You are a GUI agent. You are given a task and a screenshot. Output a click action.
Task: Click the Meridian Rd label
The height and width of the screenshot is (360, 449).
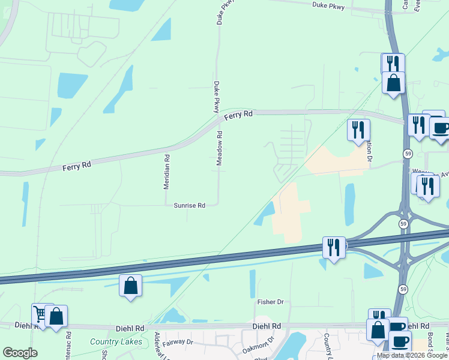167,173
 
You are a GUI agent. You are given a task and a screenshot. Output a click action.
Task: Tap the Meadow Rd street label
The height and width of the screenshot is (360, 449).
220,149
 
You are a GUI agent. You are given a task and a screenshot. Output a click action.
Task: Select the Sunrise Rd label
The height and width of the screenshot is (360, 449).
190,205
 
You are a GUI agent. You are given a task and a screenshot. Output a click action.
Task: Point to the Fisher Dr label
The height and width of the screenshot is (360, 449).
270,302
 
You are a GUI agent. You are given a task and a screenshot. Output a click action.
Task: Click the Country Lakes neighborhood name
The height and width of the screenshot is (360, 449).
116,342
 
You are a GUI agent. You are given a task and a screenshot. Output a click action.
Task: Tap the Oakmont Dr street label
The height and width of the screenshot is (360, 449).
258,344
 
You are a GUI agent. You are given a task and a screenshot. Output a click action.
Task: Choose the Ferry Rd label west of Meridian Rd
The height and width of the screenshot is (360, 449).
76,165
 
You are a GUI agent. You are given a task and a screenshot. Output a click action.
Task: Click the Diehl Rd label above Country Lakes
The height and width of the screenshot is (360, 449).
131,328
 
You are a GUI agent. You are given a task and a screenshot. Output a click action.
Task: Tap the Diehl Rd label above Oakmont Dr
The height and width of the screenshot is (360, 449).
267,326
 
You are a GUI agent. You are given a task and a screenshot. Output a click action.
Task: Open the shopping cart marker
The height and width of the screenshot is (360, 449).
40,313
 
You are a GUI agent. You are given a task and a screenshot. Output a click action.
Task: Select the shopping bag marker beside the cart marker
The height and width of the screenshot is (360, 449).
56,316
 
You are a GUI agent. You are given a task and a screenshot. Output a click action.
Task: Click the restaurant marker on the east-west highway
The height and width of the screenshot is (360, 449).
333,247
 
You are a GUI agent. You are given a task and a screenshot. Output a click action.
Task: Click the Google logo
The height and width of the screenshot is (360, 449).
20,353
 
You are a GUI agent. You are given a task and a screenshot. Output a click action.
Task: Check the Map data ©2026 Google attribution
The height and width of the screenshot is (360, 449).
412,355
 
